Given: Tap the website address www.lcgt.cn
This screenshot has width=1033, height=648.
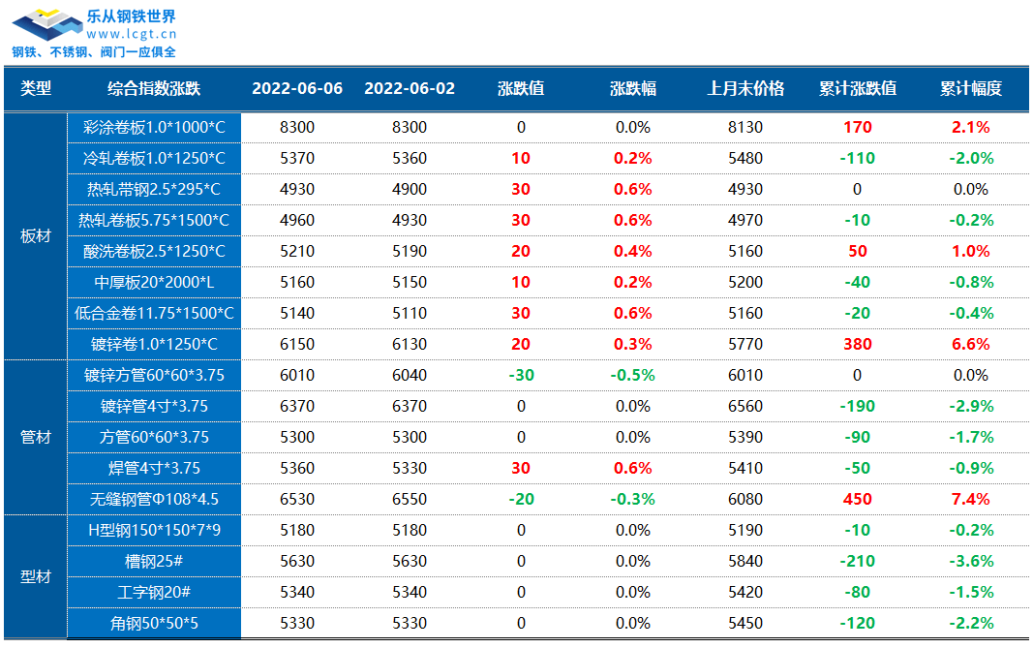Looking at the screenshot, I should pyautogui.click(x=130, y=34).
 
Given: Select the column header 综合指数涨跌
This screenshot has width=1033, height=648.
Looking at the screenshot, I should pyautogui.click(x=153, y=89).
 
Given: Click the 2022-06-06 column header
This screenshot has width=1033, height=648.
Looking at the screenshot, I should pyautogui.click(x=297, y=89).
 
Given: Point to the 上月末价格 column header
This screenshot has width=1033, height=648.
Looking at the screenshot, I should pyautogui.click(x=745, y=89).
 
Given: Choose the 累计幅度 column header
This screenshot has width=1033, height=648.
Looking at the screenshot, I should pyautogui.click(x=970, y=89).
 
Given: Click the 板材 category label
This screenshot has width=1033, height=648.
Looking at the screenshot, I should pyautogui.click(x=36, y=236).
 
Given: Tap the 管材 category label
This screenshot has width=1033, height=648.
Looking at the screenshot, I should pyautogui.click(x=36, y=438).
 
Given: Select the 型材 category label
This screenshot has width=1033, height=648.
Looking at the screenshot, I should pyautogui.click(x=36, y=577).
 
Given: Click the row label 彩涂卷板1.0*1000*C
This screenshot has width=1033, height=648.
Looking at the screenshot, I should pyautogui.click(x=154, y=127).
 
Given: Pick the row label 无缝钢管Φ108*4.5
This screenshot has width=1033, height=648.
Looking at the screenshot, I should pyautogui.click(x=154, y=500).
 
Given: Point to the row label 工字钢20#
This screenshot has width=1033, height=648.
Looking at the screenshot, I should pyautogui.click(x=154, y=593).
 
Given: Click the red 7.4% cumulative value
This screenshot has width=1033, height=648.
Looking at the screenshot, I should pyautogui.click(x=971, y=500).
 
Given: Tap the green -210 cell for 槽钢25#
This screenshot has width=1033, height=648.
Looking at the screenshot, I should pyautogui.click(x=857, y=562).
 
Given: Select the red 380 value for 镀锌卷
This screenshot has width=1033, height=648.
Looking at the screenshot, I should pyautogui.click(x=857, y=345).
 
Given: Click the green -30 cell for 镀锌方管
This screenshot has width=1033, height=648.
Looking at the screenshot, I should pyautogui.click(x=521, y=376).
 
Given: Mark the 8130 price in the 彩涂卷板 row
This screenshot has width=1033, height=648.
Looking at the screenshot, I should pyautogui.click(x=745, y=127).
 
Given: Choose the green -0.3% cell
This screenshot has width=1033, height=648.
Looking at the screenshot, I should pyautogui.click(x=633, y=500).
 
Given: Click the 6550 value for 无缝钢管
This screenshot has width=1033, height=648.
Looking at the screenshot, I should pyautogui.click(x=410, y=500).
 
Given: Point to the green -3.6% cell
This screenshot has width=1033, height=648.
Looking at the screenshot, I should pyautogui.click(x=971, y=562).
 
